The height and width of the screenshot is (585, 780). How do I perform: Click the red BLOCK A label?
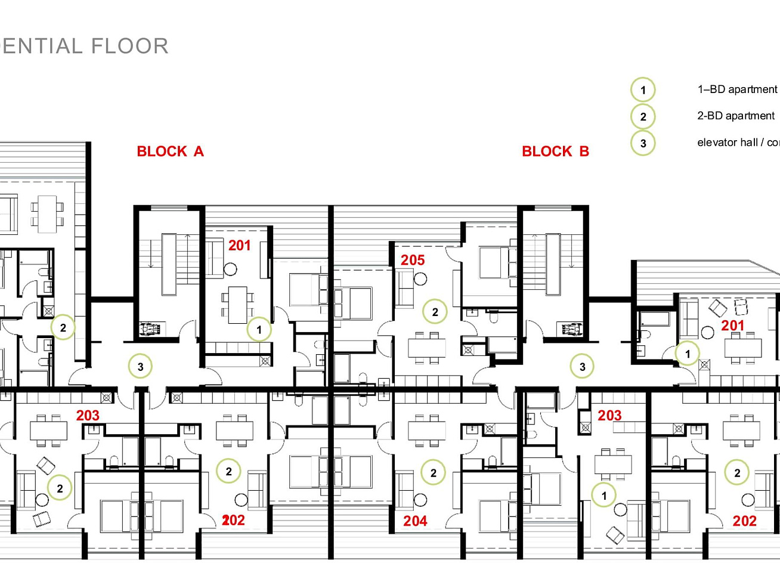(170, 151)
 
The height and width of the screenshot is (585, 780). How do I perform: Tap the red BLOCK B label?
(555, 151)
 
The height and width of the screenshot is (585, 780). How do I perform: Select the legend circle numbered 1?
(643, 90)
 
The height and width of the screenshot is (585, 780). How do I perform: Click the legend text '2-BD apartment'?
(736, 116)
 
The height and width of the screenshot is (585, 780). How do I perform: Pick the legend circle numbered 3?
(643, 144)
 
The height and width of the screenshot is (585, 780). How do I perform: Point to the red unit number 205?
(413, 261)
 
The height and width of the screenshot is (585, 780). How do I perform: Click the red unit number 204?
(415, 521)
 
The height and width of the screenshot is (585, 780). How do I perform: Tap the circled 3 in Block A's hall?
(140, 367)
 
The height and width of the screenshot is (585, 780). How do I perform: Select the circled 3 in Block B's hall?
(582, 367)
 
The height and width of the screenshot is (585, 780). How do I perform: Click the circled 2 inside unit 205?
(435, 312)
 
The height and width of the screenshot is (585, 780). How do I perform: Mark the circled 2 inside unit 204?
(433, 473)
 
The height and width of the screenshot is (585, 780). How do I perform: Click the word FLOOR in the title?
(130, 46)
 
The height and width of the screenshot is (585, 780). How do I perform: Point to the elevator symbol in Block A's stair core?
(147, 329)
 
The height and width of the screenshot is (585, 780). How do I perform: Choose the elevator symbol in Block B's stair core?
(572, 329)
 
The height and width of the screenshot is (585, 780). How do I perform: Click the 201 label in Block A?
(239, 246)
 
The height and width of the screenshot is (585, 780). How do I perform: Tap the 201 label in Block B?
(732, 326)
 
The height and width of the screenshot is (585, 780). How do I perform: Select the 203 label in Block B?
(609, 415)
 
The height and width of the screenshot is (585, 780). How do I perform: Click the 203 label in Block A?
(88, 415)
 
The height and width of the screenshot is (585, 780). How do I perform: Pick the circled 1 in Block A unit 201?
(259, 330)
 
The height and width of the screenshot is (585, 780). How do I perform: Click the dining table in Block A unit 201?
(238, 305)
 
